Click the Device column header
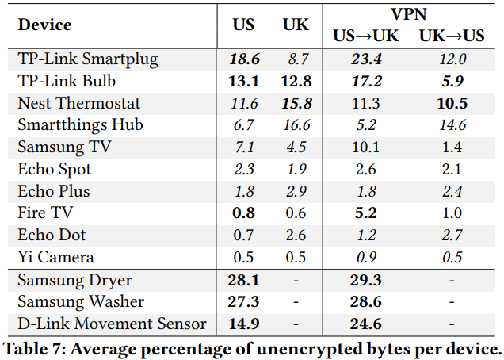tap(44, 25)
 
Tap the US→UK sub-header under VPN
tap(366, 36)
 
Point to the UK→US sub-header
tap(452, 36)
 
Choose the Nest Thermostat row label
tap(79, 103)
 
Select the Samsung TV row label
tap(65, 147)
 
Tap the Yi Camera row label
tap(56, 257)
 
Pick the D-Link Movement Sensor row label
tap(112, 324)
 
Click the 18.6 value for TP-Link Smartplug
tap(244, 59)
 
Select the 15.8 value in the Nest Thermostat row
tap(296, 103)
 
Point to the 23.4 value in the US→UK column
tap(366, 59)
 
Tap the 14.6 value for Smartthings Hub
tap(452, 125)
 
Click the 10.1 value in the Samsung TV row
tap(366, 147)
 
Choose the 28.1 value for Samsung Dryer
tap(244, 280)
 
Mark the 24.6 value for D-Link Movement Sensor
tap(366, 324)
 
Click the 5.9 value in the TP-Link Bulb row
tap(452, 81)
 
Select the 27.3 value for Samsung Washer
tap(244, 301)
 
